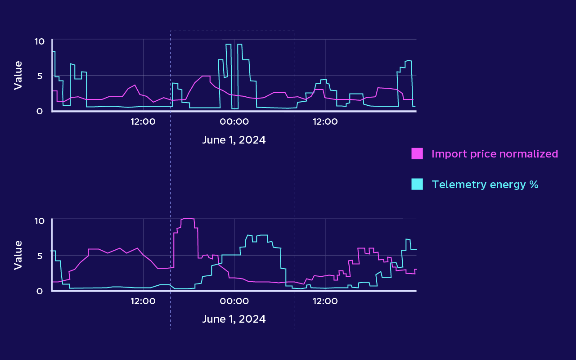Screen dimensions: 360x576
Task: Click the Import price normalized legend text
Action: pos(495,154)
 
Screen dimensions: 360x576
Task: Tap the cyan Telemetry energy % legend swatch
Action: pos(417,184)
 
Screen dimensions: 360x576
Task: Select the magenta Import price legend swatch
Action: pos(417,153)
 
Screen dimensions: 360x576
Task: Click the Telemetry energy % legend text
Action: pos(485,184)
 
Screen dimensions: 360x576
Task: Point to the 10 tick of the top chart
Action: pos(40,41)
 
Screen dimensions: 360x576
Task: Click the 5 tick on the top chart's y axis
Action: pos(40,76)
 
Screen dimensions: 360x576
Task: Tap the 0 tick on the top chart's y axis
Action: pos(40,111)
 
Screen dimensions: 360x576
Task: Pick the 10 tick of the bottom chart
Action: pos(40,221)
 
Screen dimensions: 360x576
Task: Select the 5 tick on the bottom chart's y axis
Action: pos(40,256)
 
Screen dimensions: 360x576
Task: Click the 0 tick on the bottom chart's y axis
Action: pos(40,291)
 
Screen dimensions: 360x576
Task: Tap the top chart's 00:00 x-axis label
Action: pos(234,121)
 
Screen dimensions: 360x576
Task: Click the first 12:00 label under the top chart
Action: pos(143,121)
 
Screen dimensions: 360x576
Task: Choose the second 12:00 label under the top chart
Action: pos(325,121)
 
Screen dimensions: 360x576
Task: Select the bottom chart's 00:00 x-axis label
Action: pos(234,301)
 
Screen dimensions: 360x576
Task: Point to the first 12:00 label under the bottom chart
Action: pos(143,301)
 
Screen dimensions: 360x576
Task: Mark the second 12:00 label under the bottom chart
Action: pos(325,301)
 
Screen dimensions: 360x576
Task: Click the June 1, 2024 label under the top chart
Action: pos(234,140)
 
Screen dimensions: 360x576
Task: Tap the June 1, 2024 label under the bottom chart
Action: pos(234,319)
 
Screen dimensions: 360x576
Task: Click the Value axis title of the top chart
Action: pos(18,75)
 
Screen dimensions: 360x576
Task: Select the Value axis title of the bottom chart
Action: pos(18,255)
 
